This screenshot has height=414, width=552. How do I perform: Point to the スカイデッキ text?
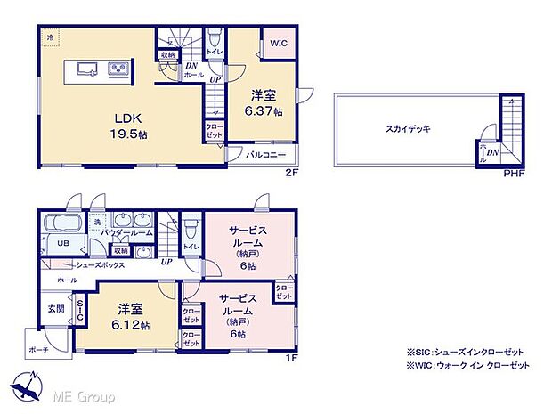point(410,129)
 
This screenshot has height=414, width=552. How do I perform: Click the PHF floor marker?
point(514,173)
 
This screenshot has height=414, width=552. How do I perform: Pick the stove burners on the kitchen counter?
point(119,69)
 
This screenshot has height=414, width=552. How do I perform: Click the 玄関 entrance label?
point(55,308)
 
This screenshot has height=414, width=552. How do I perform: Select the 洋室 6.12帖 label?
point(130,316)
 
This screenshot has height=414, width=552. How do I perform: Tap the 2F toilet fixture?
point(214,41)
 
